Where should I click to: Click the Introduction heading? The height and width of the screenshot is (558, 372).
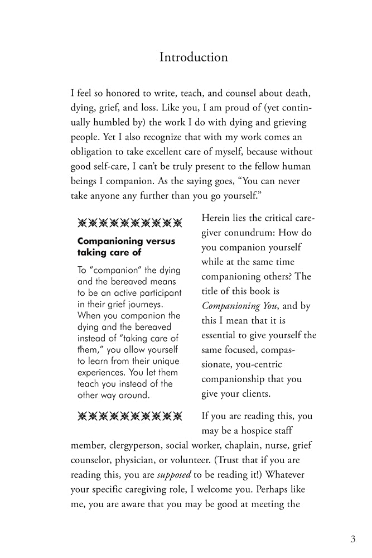tap(194, 57)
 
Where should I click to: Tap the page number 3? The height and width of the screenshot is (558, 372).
tap(353, 539)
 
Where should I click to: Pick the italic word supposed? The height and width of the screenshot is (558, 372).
tap(173, 475)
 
